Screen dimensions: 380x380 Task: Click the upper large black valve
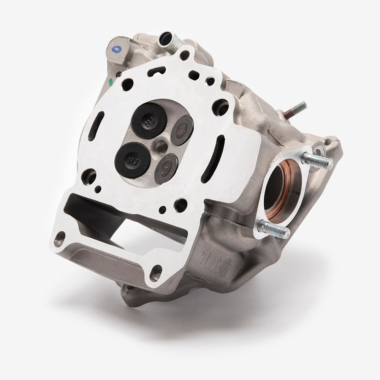[x=149, y=120]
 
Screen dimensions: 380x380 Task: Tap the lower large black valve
[x=133, y=160]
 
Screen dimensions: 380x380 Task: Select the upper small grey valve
[x=182, y=130]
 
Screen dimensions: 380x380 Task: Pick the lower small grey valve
[x=166, y=168]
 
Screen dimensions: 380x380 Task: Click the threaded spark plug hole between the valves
[x=161, y=145]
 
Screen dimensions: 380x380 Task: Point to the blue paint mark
[x=114, y=49]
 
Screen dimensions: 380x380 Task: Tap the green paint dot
[x=111, y=81]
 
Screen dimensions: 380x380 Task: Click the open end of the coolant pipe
[x=166, y=38]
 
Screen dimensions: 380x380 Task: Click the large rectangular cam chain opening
[x=125, y=220]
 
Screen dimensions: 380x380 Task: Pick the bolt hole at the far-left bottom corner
[x=59, y=240]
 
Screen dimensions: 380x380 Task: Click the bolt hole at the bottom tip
[x=155, y=273]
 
